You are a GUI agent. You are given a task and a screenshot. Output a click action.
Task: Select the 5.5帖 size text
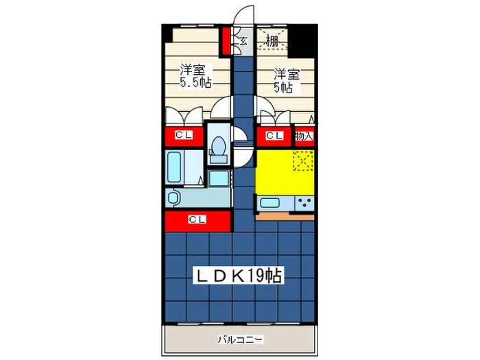coord(195,82)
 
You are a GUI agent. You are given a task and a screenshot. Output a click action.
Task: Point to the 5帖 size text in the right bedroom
coord(285,87)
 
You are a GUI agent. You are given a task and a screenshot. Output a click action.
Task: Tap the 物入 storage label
coord(304,136)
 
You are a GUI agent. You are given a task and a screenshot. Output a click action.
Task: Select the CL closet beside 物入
coord(274,136)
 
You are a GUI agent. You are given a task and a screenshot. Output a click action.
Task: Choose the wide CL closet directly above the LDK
coord(197,220)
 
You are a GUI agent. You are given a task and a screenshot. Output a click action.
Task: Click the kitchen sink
coord(269,203)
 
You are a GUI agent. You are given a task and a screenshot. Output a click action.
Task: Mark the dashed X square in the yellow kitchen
coord(302,161)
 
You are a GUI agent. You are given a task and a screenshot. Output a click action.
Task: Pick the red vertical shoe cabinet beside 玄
coord(224,42)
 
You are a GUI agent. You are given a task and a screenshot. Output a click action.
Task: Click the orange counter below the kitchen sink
coord(286,215)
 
